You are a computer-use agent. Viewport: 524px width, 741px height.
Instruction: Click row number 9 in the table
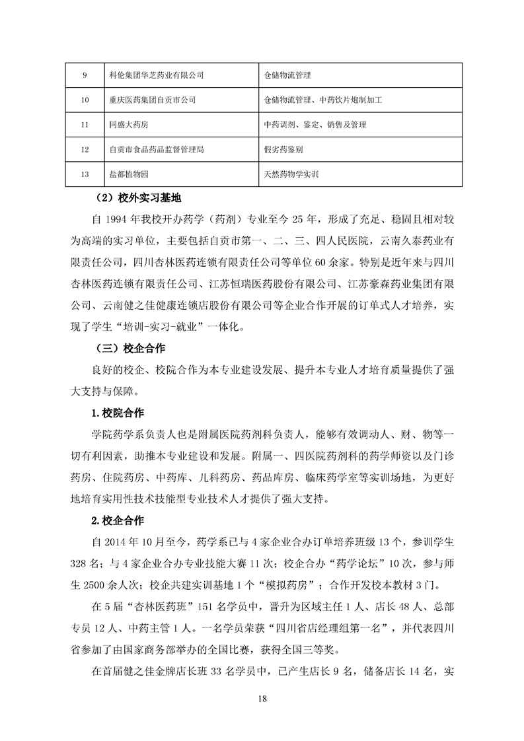[x=85, y=75]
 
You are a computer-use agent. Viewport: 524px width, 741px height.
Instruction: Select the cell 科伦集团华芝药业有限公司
[x=156, y=75]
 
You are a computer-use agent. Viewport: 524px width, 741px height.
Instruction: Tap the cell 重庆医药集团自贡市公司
[x=152, y=100]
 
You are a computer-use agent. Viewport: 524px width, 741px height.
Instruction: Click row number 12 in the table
[x=85, y=150]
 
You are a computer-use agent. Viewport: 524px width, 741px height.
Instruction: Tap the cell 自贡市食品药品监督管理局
[x=156, y=150]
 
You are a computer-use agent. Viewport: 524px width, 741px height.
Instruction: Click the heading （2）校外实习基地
[x=138, y=197]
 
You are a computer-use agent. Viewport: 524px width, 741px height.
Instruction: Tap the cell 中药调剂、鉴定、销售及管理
[x=315, y=125]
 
